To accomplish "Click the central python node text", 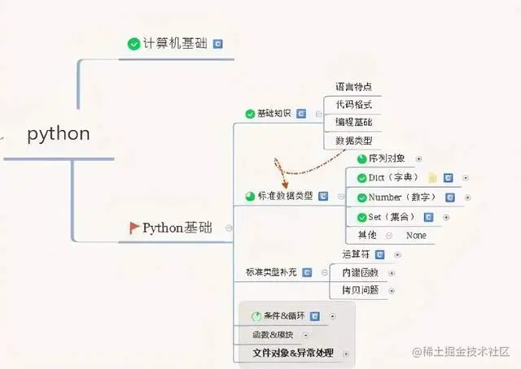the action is (x=59, y=134).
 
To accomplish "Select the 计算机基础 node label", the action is (x=176, y=44).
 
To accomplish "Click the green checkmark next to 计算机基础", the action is (x=134, y=44).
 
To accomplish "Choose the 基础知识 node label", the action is (x=274, y=114).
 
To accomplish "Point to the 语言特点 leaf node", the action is (x=354, y=87).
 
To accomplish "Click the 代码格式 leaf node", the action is (x=354, y=105).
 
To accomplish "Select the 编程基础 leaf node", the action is (x=354, y=123).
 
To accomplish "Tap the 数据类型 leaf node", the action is (x=354, y=141).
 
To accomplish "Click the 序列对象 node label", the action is (x=387, y=159).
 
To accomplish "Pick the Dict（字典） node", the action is (x=393, y=177).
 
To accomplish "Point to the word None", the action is (x=416, y=235).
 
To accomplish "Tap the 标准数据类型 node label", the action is (x=285, y=196).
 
